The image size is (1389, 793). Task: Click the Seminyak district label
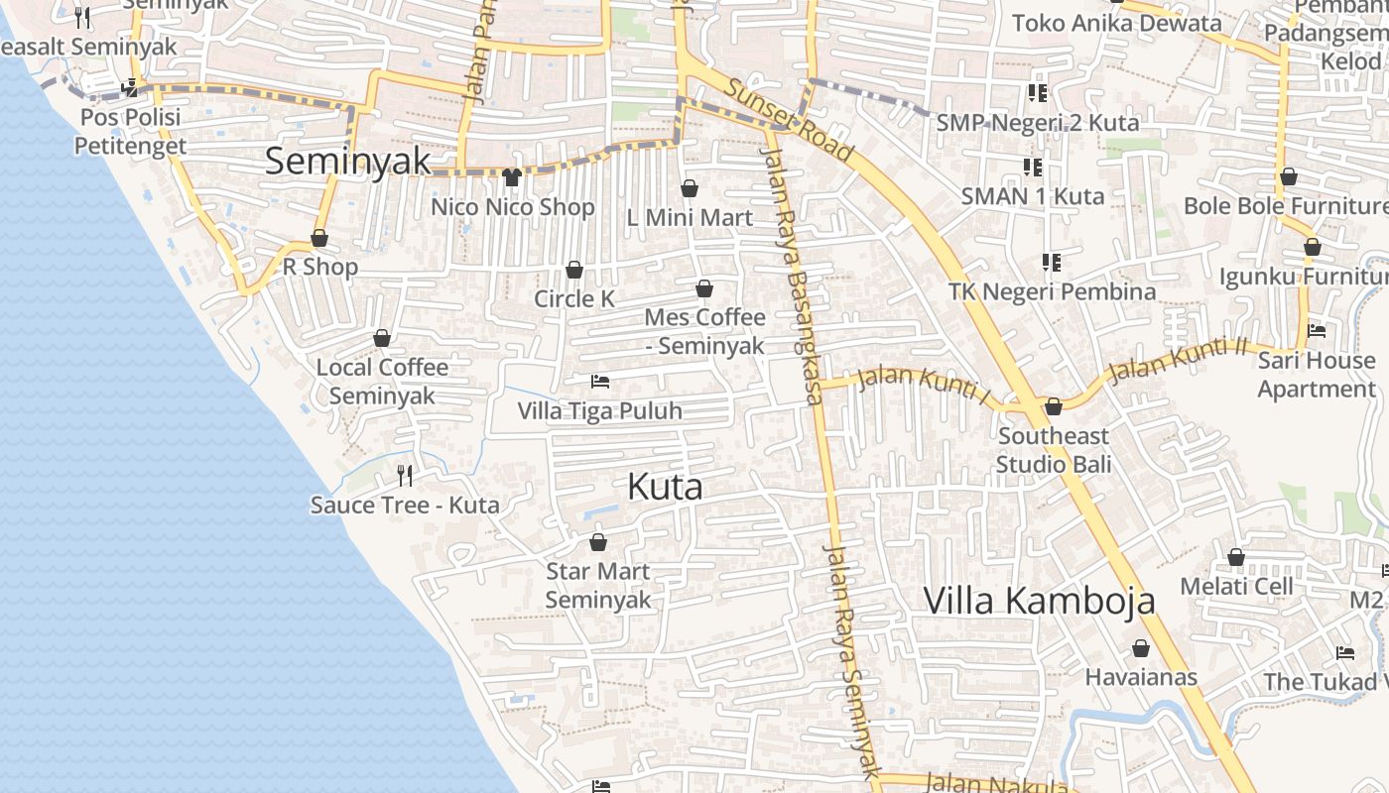[x=347, y=161]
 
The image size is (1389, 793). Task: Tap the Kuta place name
[x=665, y=487]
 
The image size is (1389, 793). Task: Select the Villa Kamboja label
[x=1040, y=601]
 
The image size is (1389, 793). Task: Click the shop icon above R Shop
[x=319, y=238]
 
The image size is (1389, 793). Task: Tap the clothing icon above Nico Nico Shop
[x=512, y=177]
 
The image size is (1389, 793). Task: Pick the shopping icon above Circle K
[x=574, y=270]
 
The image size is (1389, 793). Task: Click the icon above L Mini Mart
[x=690, y=188]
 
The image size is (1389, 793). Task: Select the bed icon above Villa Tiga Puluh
[x=599, y=382]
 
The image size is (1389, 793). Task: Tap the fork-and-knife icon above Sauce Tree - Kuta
[x=405, y=476]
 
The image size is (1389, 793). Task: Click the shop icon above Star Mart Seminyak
[x=598, y=542]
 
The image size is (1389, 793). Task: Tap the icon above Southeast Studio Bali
[x=1054, y=406]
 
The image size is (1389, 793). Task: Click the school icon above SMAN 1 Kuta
[x=1032, y=167]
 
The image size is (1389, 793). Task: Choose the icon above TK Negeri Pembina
[x=1052, y=263]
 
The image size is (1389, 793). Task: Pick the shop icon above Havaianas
[x=1141, y=648]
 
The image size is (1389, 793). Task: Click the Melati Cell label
[x=1236, y=586]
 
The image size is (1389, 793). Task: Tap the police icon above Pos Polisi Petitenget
[x=130, y=88]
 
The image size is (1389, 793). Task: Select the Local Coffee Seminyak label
[x=382, y=382]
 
